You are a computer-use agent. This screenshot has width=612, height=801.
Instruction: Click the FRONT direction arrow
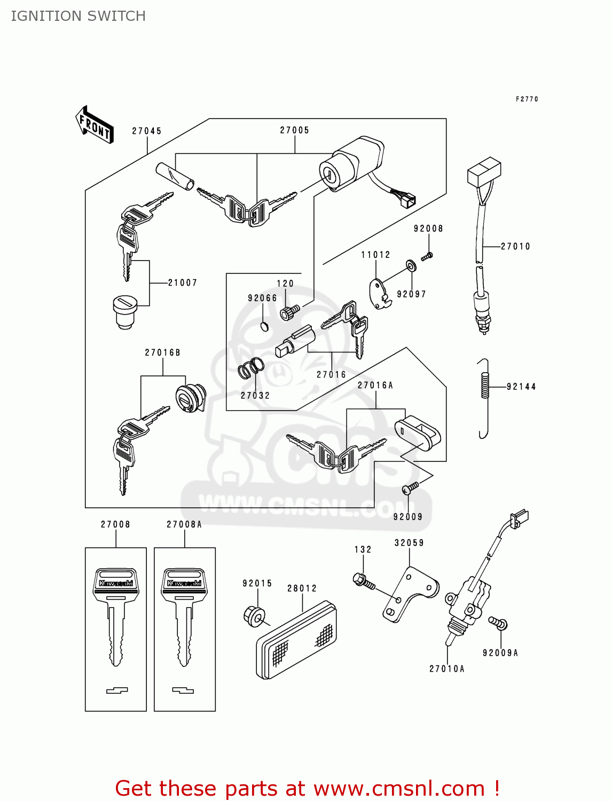pos(95,125)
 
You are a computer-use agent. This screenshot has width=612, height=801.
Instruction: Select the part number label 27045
pos(147,131)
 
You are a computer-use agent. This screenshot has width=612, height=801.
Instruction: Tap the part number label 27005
pos(295,130)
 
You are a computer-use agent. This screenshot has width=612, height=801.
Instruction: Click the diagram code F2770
pos(527,99)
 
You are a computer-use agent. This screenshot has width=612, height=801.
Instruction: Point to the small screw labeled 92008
pos(427,256)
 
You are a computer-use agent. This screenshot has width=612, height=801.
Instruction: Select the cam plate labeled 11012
pos(379,294)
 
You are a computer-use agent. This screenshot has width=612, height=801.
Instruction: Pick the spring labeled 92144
pos(484,386)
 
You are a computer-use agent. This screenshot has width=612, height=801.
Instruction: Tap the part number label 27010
pos(515,246)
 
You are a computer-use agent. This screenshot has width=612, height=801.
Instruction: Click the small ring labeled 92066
pos(264,326)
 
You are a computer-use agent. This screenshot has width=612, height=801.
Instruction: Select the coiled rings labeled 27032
pos(251,368)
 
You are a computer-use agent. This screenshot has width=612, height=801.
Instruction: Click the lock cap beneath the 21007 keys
pos(124,312)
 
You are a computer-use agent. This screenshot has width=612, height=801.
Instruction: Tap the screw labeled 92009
pos(411,488)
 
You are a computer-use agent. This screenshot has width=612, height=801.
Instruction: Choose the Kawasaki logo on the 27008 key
pos(116,583)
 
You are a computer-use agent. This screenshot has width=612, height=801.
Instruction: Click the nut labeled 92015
pos(254,616)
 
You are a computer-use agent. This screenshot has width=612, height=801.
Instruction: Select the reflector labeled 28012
pos(296,640)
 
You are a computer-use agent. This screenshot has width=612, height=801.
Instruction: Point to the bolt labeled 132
pos(364,580)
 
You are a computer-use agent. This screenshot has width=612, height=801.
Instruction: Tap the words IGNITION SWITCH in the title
pos(79,16)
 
